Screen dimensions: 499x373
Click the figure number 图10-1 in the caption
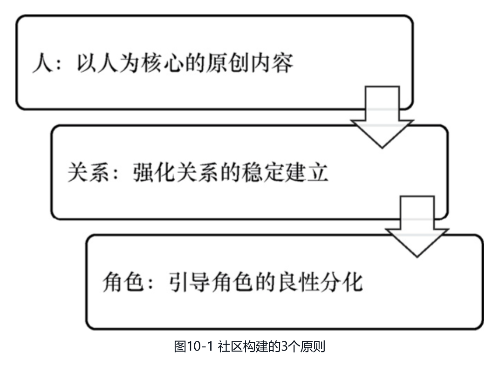click(193, 347)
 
